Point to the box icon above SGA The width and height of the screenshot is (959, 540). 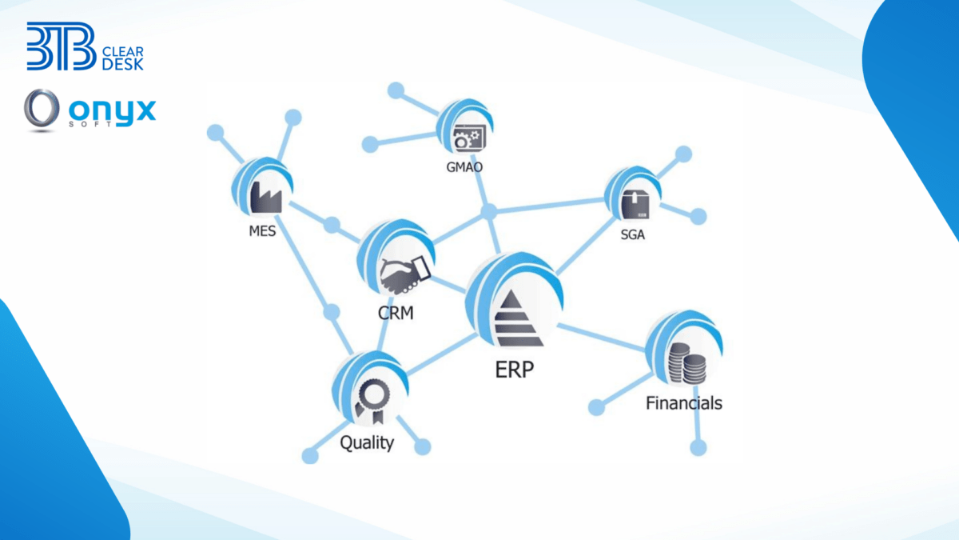pos(635,204)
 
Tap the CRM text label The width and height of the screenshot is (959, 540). pos(396,313)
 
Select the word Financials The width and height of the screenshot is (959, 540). pos(683,402)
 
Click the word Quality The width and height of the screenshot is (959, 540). pos(367,442)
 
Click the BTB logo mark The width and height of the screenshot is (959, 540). pos(60,46)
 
